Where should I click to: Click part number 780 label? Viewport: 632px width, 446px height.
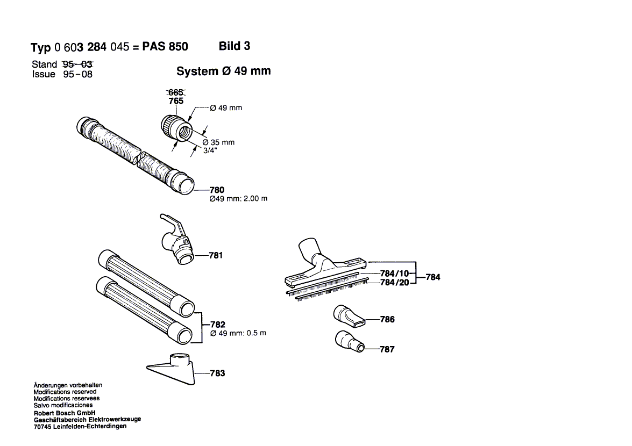[217, 190]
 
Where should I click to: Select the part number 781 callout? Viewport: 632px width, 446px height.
[216, 255]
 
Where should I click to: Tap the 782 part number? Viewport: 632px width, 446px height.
[218, 325]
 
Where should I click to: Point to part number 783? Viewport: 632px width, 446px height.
[217, 373]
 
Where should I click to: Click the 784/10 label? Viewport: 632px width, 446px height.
[395, 274]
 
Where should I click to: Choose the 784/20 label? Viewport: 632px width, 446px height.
[395, 282]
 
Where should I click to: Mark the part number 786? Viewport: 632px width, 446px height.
[387, 319]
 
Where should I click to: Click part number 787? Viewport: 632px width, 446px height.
[387, 349]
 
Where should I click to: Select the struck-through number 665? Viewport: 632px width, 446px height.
[176, 92]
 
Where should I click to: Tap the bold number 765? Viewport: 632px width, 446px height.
[176, 101]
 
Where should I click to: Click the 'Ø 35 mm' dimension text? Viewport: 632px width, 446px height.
[218, 142]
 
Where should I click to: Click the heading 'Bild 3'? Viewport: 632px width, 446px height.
[235, 46]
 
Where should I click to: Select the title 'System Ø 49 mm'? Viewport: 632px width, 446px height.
[223, 71]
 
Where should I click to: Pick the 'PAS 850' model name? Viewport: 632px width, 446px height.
[165, 47]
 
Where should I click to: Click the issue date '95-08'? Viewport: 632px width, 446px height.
[78, 75]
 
